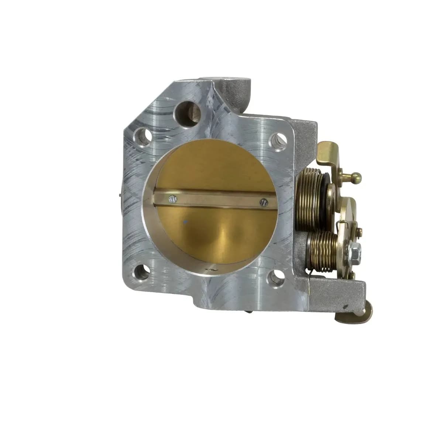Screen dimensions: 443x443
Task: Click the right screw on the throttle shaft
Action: pyautogui.click(x=263, y=202)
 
